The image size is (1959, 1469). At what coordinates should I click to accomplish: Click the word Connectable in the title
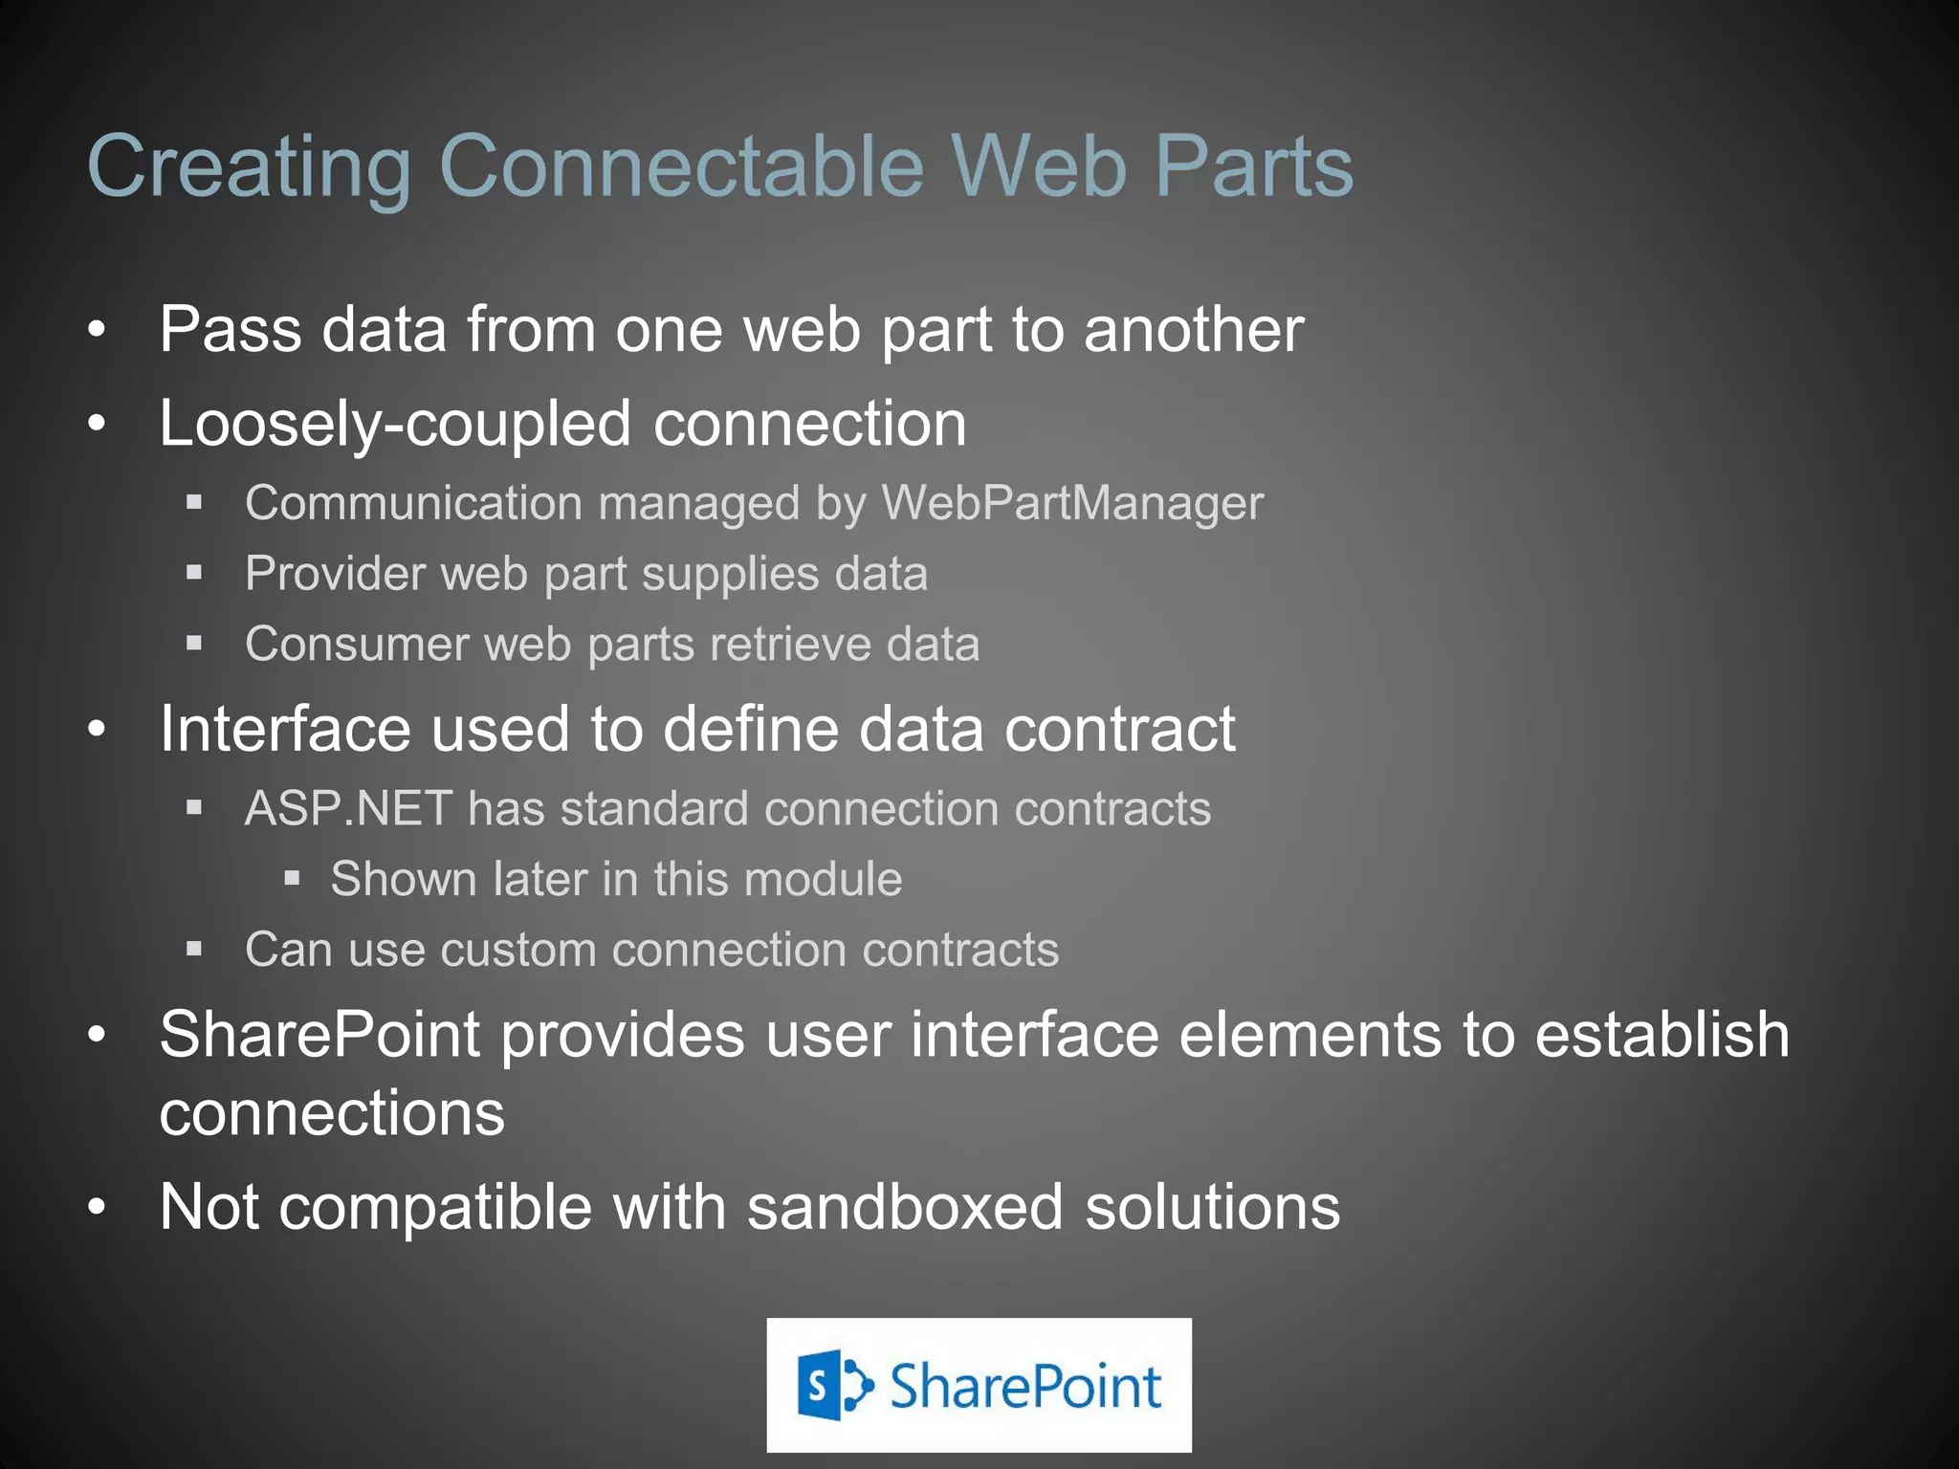coord(681,166)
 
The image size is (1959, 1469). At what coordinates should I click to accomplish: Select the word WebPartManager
coord(1072,503)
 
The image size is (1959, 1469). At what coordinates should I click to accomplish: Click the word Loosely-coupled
coord(395,424)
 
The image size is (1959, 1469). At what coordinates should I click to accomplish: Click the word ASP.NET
coord(348,809)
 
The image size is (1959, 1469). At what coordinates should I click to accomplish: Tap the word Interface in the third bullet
coord(285,730)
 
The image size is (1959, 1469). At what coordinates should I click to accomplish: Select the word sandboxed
coord(905,1207)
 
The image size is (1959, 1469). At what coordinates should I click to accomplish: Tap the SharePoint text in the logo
coord(1024,1387)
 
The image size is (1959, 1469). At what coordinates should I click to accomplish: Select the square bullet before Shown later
coord(293,878)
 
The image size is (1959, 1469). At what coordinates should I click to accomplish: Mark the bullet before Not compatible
coord(96,1208)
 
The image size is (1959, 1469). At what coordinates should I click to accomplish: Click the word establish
coord(1662,1035)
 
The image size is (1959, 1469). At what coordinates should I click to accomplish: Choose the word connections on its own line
coord(332,1114)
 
